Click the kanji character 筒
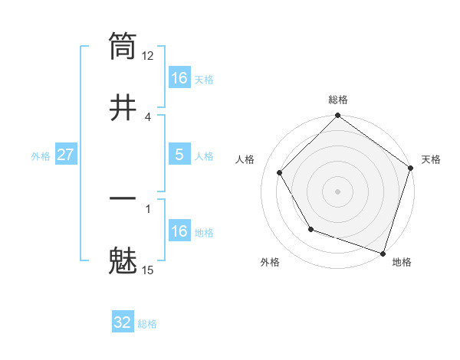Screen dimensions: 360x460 click(x=123, y=46)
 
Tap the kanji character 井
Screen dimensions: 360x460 click(x=123, y=107)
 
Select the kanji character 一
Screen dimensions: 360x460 click(x=123, y=199)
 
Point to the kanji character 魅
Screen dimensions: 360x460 click(x=123, y=260)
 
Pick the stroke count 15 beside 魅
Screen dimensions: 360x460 click(x=148, y=270)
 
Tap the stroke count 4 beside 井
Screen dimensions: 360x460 click(x=148, y=116)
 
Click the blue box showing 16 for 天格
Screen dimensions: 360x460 click(x=179, y=78)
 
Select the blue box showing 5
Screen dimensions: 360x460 click(x=179, y=155)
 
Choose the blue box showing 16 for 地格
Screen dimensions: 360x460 click(x=179, y=231)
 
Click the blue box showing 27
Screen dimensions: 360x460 click(x=66, y=155)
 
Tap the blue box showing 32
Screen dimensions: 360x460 click(x=123, y=322)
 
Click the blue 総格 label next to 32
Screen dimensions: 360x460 click(x=147, y=324)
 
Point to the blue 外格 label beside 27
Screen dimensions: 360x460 click(x=41, y=156)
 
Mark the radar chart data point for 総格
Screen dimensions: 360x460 click(x=337, y=116)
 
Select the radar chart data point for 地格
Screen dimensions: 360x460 click(x=382, y=252)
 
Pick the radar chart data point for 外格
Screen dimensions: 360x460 click(x=310, y=228)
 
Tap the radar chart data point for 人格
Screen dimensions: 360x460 click(x=280, y=172)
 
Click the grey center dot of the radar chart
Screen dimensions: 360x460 click(x=337, y=191)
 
